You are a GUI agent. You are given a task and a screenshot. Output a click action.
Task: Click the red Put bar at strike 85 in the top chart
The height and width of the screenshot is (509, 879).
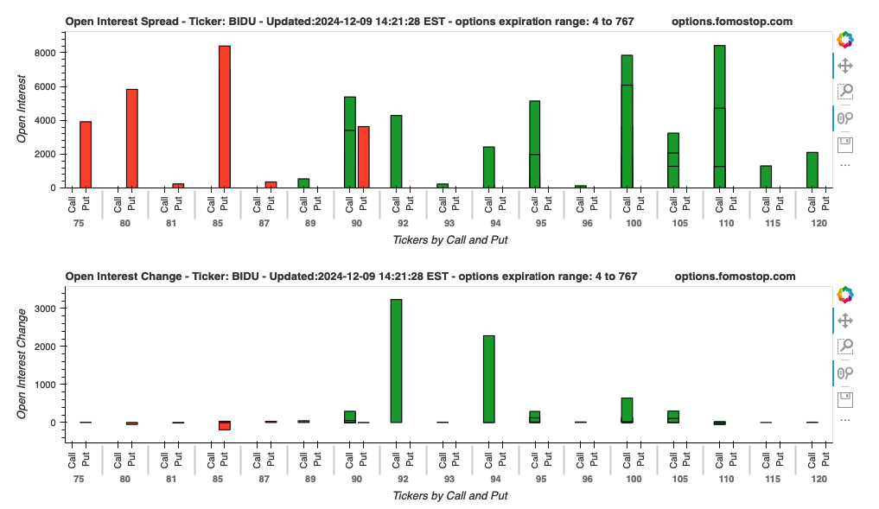coord(224,117)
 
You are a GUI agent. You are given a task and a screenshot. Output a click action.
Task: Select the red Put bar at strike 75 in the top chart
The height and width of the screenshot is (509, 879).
coord(86,155)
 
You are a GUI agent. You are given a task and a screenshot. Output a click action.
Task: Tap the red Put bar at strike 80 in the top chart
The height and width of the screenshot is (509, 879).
coord(132,138)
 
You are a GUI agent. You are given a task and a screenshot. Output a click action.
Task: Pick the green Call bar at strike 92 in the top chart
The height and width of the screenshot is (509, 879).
coord(396,151)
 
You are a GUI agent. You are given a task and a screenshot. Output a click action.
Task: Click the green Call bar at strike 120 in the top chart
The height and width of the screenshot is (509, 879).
coord(812,170)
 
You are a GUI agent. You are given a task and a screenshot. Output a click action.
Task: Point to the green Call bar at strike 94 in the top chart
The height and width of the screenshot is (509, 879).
coord(488,167)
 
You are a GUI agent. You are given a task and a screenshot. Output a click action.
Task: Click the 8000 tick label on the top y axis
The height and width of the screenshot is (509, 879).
coord(44,53)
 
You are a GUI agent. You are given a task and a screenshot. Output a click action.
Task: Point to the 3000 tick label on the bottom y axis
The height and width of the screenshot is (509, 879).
coord(44,309)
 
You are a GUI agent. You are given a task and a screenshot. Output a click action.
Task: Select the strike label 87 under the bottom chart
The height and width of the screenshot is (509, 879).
coord(257,479)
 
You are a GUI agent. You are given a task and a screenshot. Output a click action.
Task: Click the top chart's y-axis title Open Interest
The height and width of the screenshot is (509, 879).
coord(23,109)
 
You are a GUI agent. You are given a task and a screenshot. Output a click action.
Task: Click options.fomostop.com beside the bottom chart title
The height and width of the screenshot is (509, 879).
coord(735,277)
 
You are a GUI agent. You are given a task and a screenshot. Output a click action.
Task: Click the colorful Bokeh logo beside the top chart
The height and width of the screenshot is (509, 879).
coord(845,40)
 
